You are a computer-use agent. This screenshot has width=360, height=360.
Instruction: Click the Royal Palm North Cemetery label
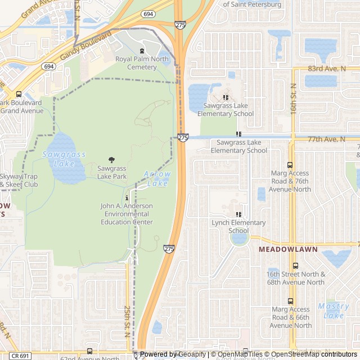click(x=142, y=63)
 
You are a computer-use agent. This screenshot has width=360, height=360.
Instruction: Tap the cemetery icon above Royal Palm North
click(x=142, y=51)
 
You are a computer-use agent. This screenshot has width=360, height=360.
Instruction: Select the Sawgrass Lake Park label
click(x=112, y=172)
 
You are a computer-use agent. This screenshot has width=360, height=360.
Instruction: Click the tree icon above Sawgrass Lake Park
click(x=111, y=160)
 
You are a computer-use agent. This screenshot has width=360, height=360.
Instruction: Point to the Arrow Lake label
click(x=157, y=179)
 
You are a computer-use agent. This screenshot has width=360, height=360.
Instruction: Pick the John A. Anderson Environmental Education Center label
click(x=127, y=214)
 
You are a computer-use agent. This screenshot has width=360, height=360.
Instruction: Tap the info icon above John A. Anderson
click(x=127, y=198)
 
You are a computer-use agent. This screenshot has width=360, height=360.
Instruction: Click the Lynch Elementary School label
click(x=239, y=227)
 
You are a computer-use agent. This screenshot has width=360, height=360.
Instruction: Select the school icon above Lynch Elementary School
click(x=238, y=214)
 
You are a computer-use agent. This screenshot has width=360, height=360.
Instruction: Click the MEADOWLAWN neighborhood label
click(x=288, y=249)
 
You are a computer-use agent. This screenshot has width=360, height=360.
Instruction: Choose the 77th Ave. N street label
click(x=326, y=138)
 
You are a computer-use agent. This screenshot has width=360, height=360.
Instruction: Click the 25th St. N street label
click(x=128, y=321)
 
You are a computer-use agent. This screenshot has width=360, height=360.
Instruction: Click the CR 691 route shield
click(x=21, y=356)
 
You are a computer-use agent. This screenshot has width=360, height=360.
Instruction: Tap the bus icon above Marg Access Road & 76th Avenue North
click(x=290, y=165)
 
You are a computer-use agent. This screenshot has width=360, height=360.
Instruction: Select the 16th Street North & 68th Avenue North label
click(x=295, y=278)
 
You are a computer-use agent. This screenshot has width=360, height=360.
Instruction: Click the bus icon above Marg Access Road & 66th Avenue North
click(x=290, y=301)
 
